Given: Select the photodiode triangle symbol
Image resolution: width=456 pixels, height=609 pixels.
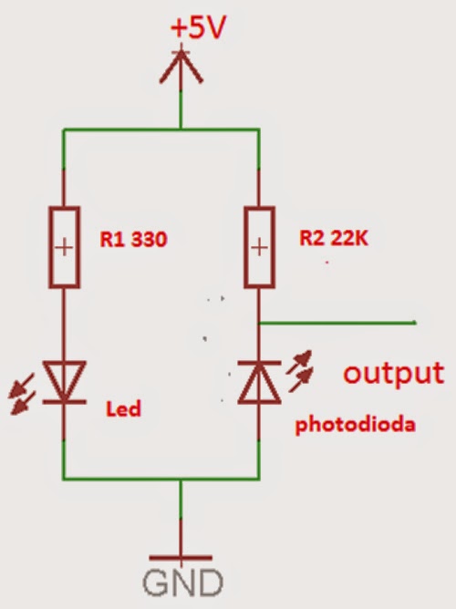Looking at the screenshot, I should point(260,381).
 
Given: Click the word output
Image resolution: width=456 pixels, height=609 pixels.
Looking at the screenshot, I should point(393,373).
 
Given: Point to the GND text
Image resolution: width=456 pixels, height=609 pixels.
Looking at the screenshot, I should point(181,582).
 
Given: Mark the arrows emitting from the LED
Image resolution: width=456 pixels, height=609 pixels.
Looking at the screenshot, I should point(22,392).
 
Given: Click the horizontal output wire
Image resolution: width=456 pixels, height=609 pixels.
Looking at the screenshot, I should point(337,323).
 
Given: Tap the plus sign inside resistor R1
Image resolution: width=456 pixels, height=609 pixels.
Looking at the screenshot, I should point(63,246).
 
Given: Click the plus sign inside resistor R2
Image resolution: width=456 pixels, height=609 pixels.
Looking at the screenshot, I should point(260,246).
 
